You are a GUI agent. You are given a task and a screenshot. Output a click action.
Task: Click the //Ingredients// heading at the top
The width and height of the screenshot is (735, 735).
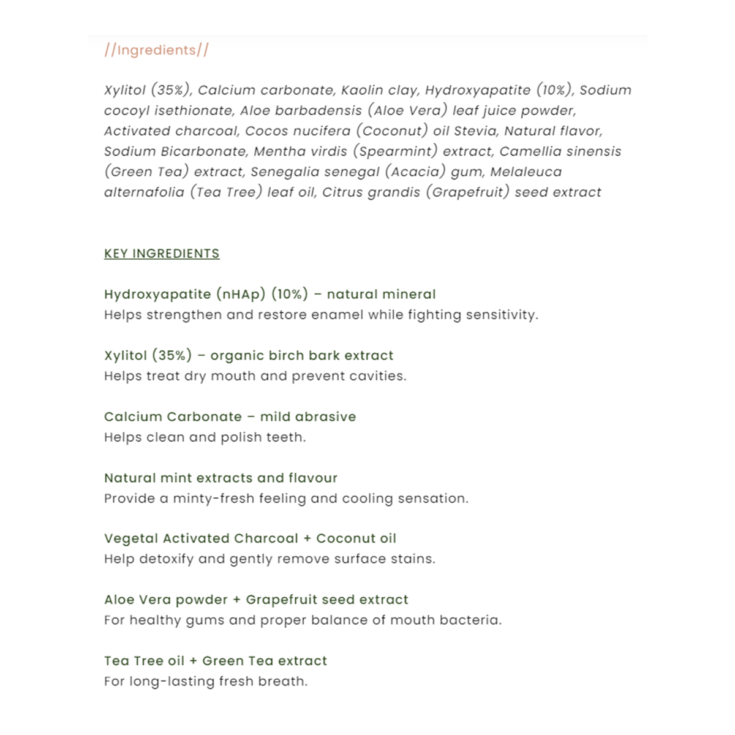[x=156, y=50]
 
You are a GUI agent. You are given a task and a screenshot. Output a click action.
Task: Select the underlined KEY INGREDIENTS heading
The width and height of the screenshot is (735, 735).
[x=162, y=254]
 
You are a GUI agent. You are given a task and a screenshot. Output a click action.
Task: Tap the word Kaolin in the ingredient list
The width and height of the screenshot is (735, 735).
[x=362, y=90]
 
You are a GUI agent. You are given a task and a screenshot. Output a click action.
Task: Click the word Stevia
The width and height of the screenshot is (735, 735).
[x=475, y=131]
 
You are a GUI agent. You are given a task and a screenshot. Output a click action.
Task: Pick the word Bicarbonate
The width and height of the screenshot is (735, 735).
[x=203, y=151]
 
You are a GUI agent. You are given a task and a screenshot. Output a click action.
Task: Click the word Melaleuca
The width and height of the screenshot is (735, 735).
[x=526, y=172]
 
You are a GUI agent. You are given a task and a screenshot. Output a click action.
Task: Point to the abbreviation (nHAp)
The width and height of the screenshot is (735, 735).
[x=241, y=294]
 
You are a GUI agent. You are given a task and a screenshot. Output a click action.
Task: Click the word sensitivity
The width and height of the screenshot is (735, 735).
[x=502, y=315]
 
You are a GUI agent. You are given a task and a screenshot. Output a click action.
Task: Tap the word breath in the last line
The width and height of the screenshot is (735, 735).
[x=282, y=681]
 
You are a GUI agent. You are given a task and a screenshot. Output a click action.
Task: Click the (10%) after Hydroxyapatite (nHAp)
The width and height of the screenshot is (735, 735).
[x=290, y=294]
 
